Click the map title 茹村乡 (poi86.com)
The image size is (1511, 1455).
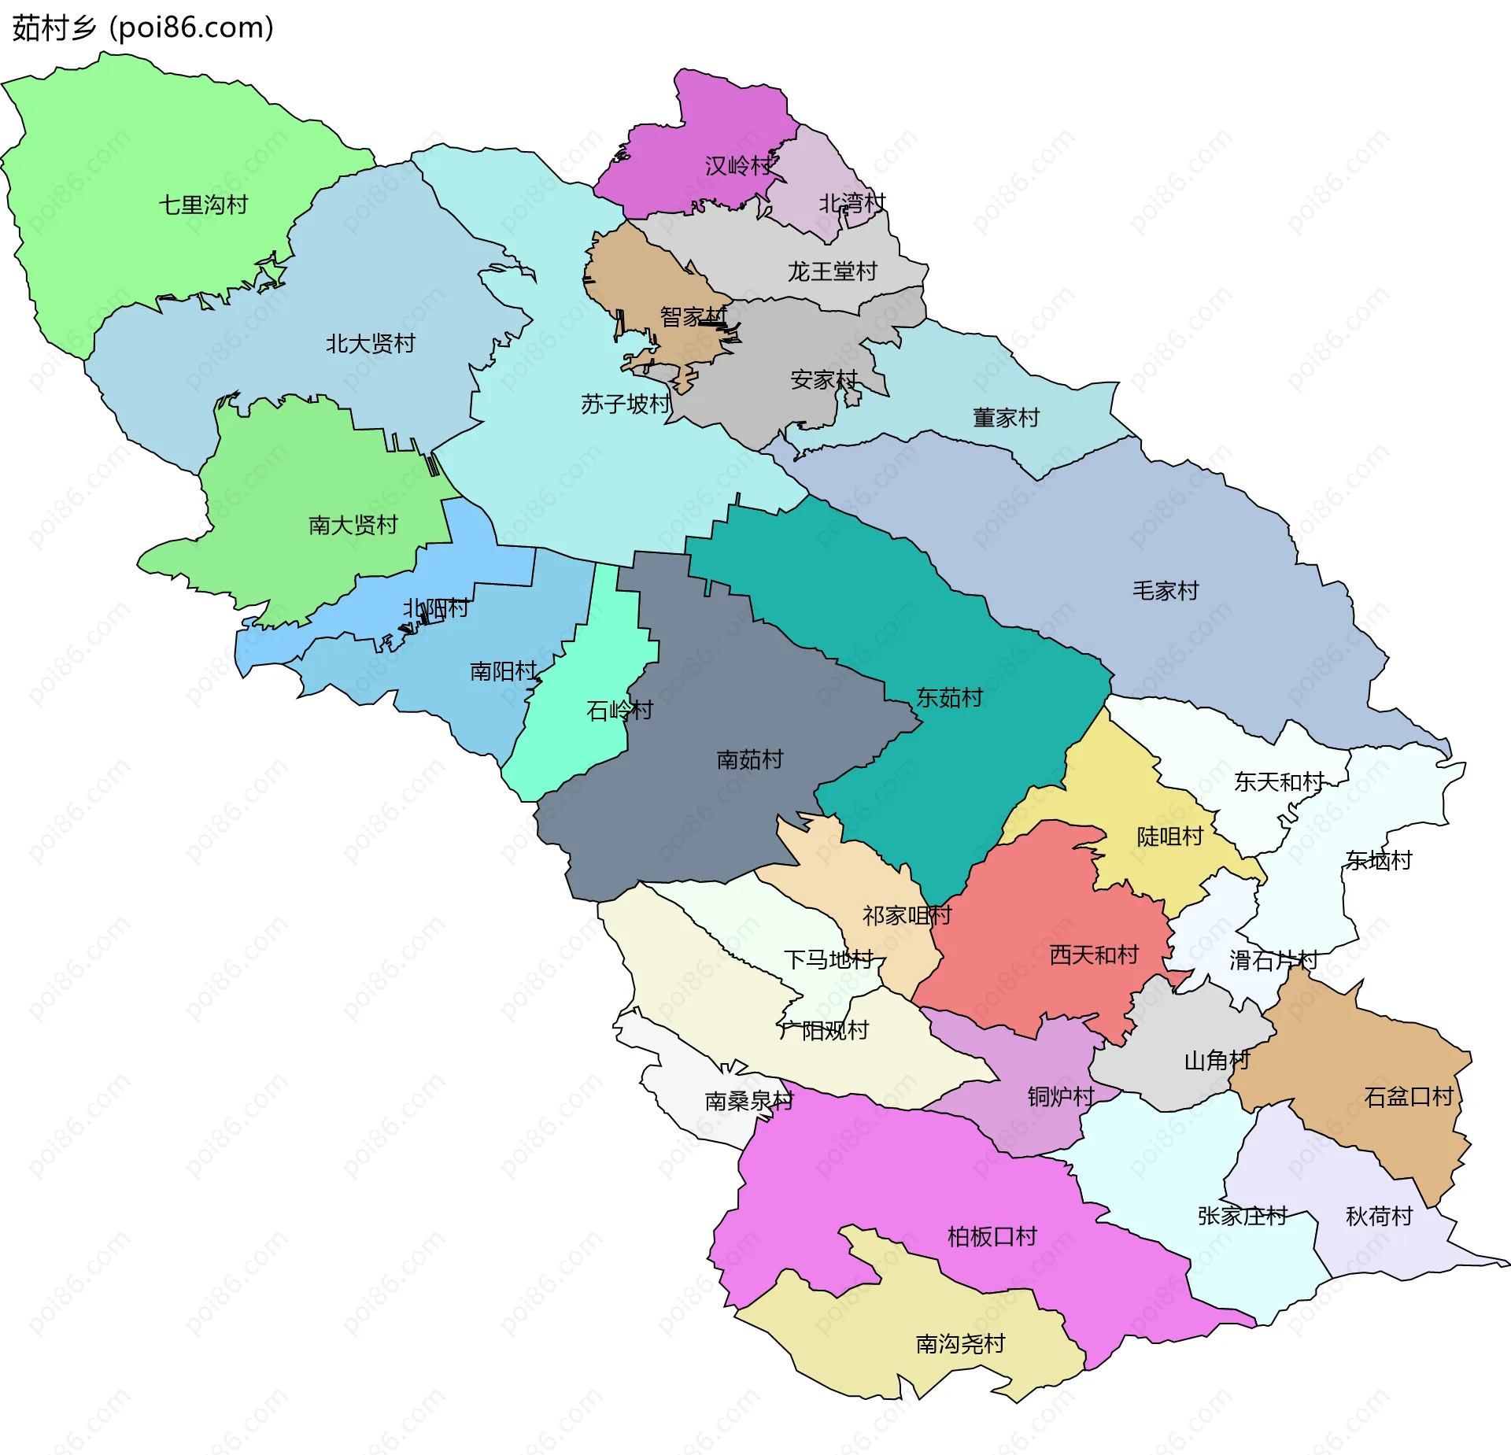(143, 28)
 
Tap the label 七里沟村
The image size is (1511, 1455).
(203, 205)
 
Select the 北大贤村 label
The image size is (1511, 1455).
(370, 344)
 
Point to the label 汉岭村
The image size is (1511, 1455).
(738, 166)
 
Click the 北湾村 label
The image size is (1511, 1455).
(852, 204)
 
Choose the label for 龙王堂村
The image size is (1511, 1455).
(832, 271)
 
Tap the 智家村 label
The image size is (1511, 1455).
(693, 317)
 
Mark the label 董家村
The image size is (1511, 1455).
(1006, 418)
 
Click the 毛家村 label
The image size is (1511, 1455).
(1165, 591)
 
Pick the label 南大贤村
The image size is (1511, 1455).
(353, 525)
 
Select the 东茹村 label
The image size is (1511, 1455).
(949, 698)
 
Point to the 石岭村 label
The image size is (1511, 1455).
(619, 711)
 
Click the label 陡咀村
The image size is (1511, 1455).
(1169, 836)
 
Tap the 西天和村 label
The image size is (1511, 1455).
(1094, 955)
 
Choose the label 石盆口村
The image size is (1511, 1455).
(1408, 1097)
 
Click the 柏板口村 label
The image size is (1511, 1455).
(992, 1237)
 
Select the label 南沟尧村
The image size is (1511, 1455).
(960, 1344)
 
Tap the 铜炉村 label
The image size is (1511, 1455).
(1061, 1097)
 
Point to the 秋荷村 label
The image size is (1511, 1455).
(1379, 1217)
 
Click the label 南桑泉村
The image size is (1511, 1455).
(748, 1101)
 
